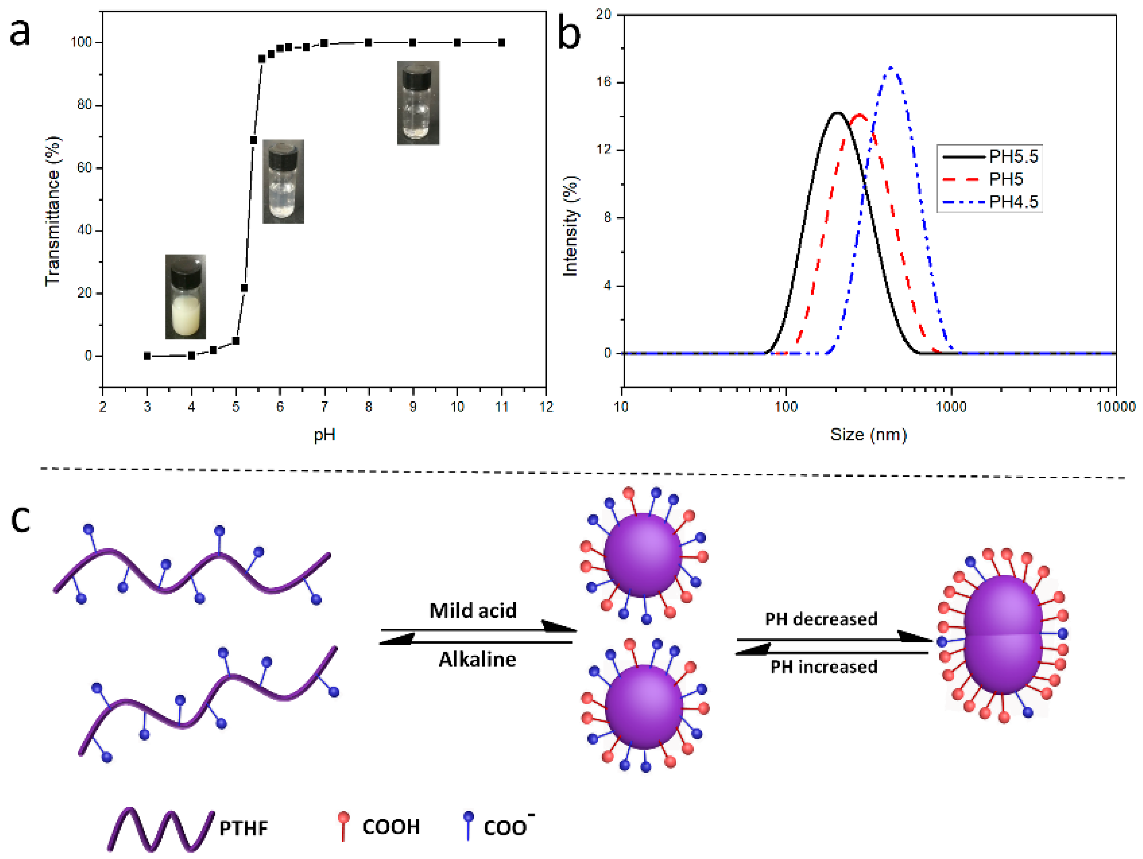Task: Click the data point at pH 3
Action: [x=147, y=356]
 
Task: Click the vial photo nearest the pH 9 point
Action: [x=418, y=103]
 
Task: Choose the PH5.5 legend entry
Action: [x=1013, y=156]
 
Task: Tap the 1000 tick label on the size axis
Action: [x=951, y=407]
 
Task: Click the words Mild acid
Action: [x=473, y=610]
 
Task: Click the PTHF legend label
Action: [x=243, y=828]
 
